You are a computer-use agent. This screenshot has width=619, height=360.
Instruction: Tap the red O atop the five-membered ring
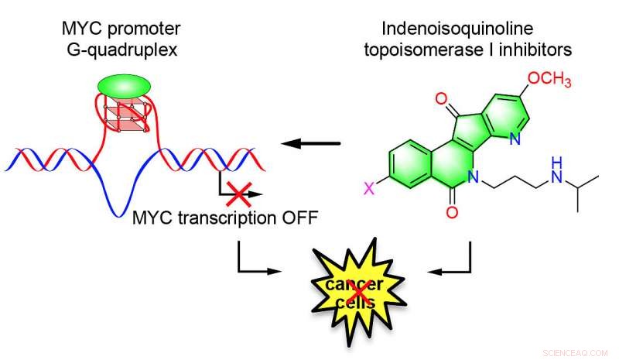[442, 100]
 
